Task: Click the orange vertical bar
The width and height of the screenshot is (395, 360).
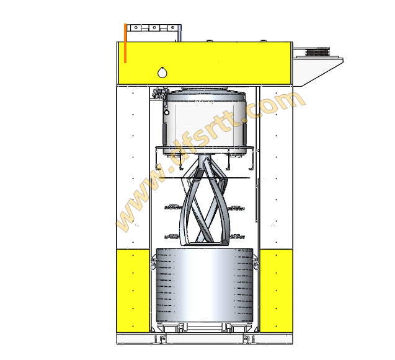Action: [x=125, y=43]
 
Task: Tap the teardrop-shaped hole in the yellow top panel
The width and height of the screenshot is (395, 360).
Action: [x=162, y=72]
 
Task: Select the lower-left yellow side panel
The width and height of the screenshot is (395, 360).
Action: [x=133, y=291]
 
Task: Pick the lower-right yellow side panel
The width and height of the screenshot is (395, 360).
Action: [x=277, y=291]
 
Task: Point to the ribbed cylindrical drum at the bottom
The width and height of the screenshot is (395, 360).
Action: [x=205, y=285]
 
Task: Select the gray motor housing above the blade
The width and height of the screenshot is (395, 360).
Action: [x=205, y=122]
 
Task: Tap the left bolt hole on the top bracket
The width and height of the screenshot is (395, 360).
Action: [x=136, y=27]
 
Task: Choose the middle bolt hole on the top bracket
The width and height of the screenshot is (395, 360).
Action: [x=154, y=27]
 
